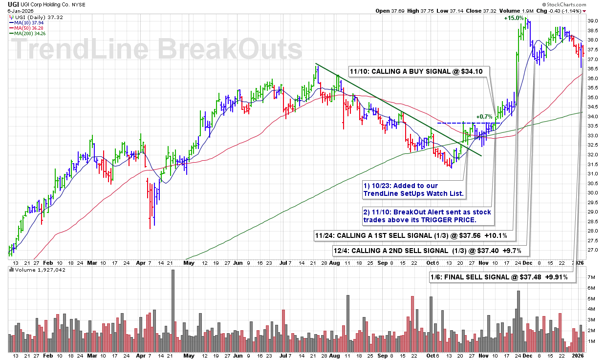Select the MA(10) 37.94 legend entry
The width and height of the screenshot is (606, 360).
pyautogui.click(x=30, y=22)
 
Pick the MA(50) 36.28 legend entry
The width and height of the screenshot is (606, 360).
pyautogui.click(x=30, y=28)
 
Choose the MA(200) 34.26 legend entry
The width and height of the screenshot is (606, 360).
pyautogui.click(x=32, y=33)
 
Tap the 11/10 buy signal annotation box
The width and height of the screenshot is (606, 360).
pyautogui.click(x=419, y=71)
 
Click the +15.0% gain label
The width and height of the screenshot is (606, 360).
pyautogui.click(x=515, y=18)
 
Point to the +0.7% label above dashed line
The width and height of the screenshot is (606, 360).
pyautogui.click(x=484, y=117)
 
